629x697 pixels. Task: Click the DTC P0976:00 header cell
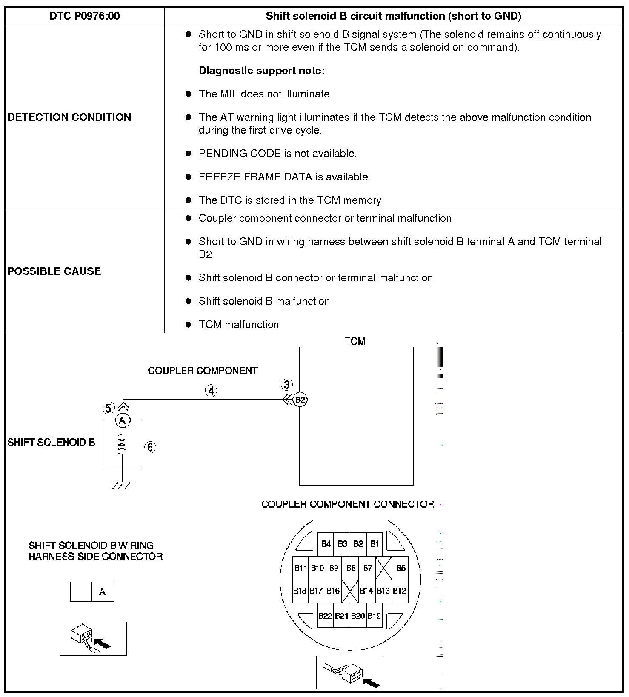click(85, 16)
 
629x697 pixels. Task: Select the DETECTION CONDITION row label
click(69, 117)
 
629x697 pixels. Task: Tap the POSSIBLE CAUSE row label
click(54, 271)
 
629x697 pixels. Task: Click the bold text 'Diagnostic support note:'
click(262, 70)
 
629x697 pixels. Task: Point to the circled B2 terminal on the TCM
click(300, 400)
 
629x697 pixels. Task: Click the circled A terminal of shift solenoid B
click(123, 420)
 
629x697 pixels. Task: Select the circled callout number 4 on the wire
click(211, 391)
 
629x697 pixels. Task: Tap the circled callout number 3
click(287, 385)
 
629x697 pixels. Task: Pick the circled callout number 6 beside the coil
click(150, 447)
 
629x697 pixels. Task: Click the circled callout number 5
click(109, 408)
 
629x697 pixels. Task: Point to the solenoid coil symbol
click(122, 444)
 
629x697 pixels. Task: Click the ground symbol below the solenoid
click(123, 485)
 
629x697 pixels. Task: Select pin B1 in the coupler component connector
click(375, 544)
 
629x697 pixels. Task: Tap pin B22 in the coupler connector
click(325, 616)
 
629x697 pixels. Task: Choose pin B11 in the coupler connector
click(300, 568)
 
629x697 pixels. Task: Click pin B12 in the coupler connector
click(400, 591)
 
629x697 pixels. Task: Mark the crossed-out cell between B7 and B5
click(383, 568)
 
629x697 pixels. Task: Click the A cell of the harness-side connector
click(103, 591)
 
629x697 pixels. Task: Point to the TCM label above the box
click(355, 341)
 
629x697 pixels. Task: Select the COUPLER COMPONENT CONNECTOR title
click(348, 504)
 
